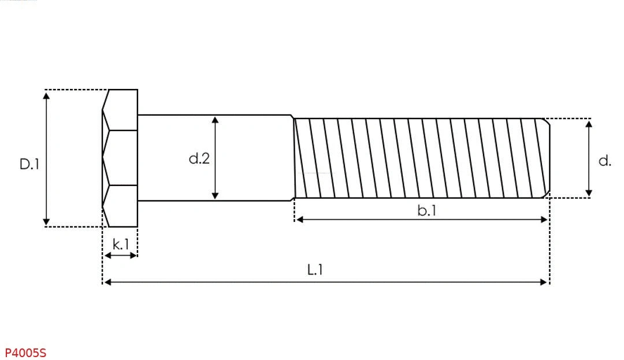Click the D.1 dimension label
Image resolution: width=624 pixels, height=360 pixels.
29,164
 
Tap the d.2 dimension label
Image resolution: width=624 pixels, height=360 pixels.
199,158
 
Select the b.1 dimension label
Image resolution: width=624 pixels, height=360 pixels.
427,211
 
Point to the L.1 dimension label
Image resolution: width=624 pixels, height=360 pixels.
315,269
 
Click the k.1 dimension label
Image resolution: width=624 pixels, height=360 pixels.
121,244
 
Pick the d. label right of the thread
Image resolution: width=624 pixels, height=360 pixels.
604,161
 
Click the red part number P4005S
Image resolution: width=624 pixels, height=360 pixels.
25,352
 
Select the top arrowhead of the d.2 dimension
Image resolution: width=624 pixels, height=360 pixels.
215,120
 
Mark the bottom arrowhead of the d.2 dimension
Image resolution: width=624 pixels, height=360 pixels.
215,195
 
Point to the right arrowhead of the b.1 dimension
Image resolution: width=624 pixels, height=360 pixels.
544,220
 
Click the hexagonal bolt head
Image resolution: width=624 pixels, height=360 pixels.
120,158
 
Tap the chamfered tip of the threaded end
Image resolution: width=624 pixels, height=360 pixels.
547,158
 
